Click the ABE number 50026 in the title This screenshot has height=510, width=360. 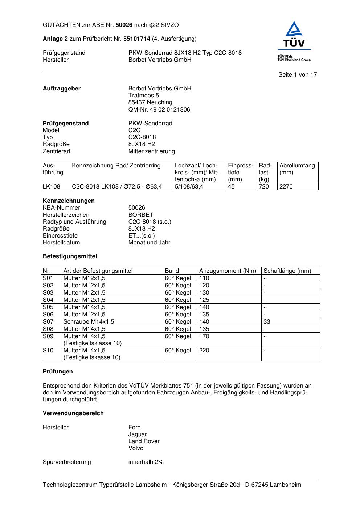(x=124, y=25)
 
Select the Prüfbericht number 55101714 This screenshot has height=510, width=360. (x=137, y=39)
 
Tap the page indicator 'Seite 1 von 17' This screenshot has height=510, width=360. (x=298, y=75)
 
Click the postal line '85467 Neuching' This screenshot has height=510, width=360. (x=150, y=102)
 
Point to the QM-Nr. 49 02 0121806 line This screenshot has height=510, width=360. (x=159, y=110)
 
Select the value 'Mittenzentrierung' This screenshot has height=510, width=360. (x=151, y=151)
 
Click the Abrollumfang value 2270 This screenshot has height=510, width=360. (x=286, y=187)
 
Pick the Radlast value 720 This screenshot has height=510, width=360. (x=264, y=187)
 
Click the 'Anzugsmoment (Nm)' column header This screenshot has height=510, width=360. (x=228, y=271)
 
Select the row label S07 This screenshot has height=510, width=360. (x=48, y=322)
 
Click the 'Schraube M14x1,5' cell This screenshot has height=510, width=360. (x=89, y=322)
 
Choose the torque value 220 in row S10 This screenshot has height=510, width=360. (x=204, y=351)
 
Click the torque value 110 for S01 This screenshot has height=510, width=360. (x=204, y=278)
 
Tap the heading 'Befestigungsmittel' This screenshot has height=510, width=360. (x=70, y=256)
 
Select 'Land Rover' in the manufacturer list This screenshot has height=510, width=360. (x=144, y=441)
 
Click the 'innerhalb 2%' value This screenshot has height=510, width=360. (x=146, y=462)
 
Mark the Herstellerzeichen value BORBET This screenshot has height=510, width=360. (x=140, y=215)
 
